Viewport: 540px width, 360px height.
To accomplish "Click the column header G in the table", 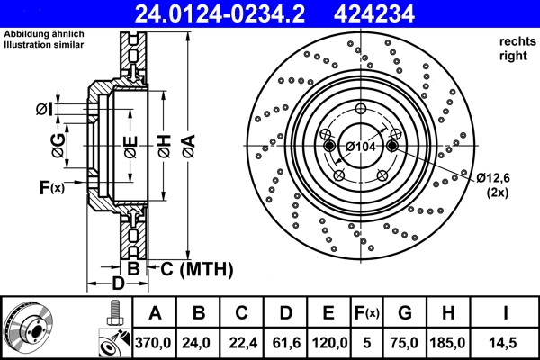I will point(404,312).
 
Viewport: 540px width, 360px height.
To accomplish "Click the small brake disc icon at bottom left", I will point(30,327).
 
